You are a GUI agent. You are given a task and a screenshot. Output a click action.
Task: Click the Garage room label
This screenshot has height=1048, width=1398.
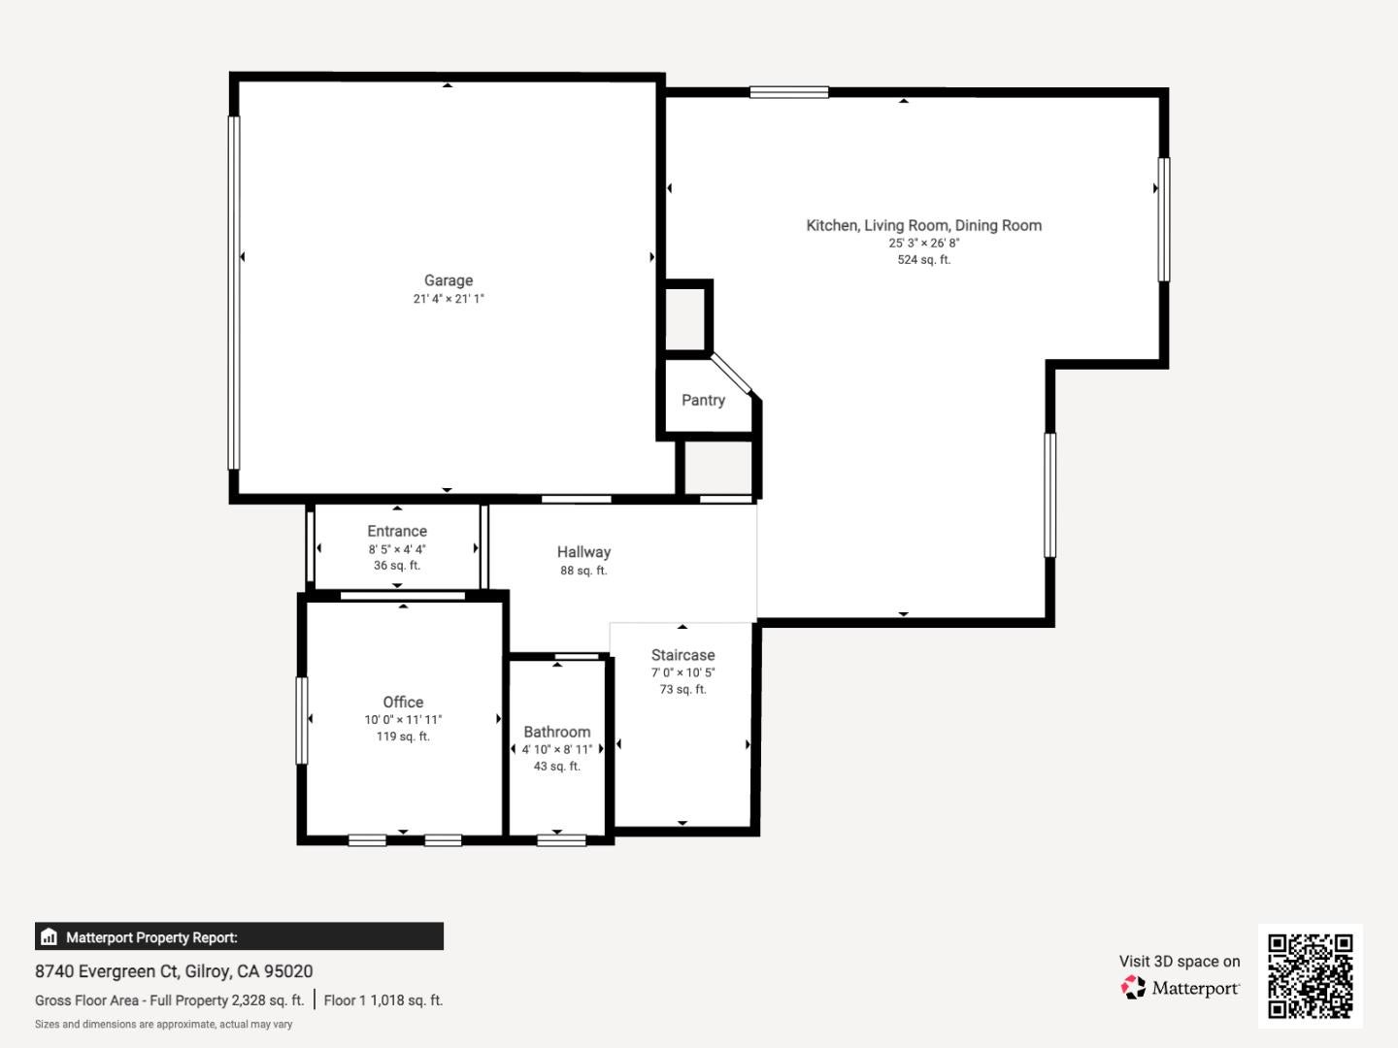tap(449, 280)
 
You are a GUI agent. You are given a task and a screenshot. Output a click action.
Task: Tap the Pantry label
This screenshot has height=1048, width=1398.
tap(703, 400)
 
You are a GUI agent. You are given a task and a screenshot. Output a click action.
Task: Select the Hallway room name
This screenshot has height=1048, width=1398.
tap(583, 552)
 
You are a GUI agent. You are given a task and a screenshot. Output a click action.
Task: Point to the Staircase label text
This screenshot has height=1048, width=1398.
tap(682, 655)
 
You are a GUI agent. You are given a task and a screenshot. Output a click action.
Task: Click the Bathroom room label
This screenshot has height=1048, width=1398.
tap(556, 732)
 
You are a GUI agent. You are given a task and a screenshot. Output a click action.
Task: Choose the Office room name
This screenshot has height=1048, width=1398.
tap(403, 702)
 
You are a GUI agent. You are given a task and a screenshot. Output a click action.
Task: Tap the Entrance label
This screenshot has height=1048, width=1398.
tap(397, 531)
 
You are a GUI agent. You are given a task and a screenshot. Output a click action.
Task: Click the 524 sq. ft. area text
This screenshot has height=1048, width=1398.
tap(923, 260)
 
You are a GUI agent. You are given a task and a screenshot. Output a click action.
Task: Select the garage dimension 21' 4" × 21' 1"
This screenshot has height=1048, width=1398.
tap(449, 299)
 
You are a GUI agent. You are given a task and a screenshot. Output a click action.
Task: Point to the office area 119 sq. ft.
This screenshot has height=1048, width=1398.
tap(403, 737)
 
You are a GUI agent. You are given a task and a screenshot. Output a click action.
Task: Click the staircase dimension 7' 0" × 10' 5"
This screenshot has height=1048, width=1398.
tap(682, 672)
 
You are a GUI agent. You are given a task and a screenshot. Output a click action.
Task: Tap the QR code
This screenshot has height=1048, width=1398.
tap(1310, 976)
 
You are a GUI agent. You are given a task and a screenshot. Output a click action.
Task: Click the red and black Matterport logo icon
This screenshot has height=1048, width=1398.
tap(1133, 987)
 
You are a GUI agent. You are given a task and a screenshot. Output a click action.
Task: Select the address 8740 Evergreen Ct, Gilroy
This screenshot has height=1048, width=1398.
tap(174, 971)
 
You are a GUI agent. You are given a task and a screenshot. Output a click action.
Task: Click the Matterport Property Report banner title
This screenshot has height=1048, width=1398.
tap(151, 937)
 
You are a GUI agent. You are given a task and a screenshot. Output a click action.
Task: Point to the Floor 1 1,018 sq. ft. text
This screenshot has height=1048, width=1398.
tap(383, 1000)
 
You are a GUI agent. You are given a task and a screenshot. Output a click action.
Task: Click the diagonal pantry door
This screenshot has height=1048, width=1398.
tap(730, 374)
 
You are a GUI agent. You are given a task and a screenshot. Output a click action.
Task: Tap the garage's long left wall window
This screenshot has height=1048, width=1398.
tap(234, 293)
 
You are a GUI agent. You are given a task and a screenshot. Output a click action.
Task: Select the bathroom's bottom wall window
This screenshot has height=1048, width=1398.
tap(561, 840)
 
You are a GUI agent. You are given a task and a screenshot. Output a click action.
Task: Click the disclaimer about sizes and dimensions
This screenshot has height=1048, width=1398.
tap(164, 1025)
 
